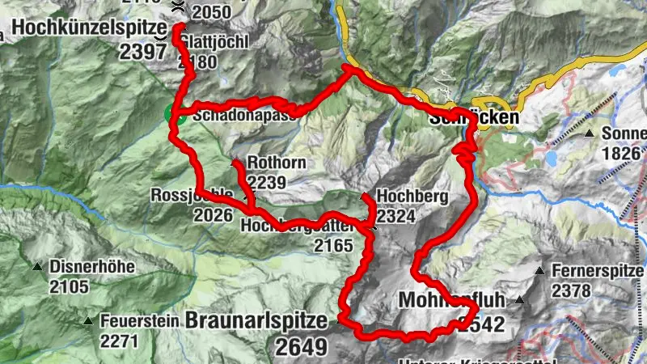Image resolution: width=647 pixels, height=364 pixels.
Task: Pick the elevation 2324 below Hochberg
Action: (x=396, y=216)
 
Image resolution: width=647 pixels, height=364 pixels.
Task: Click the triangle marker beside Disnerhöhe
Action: (x=37, y=267)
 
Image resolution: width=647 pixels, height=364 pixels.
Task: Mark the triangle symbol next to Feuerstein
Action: (x=87, y=321)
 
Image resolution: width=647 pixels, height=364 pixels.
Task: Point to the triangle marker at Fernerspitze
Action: (x=539, y=270)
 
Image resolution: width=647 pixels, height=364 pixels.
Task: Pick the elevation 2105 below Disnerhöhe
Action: (x=68, y=286)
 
